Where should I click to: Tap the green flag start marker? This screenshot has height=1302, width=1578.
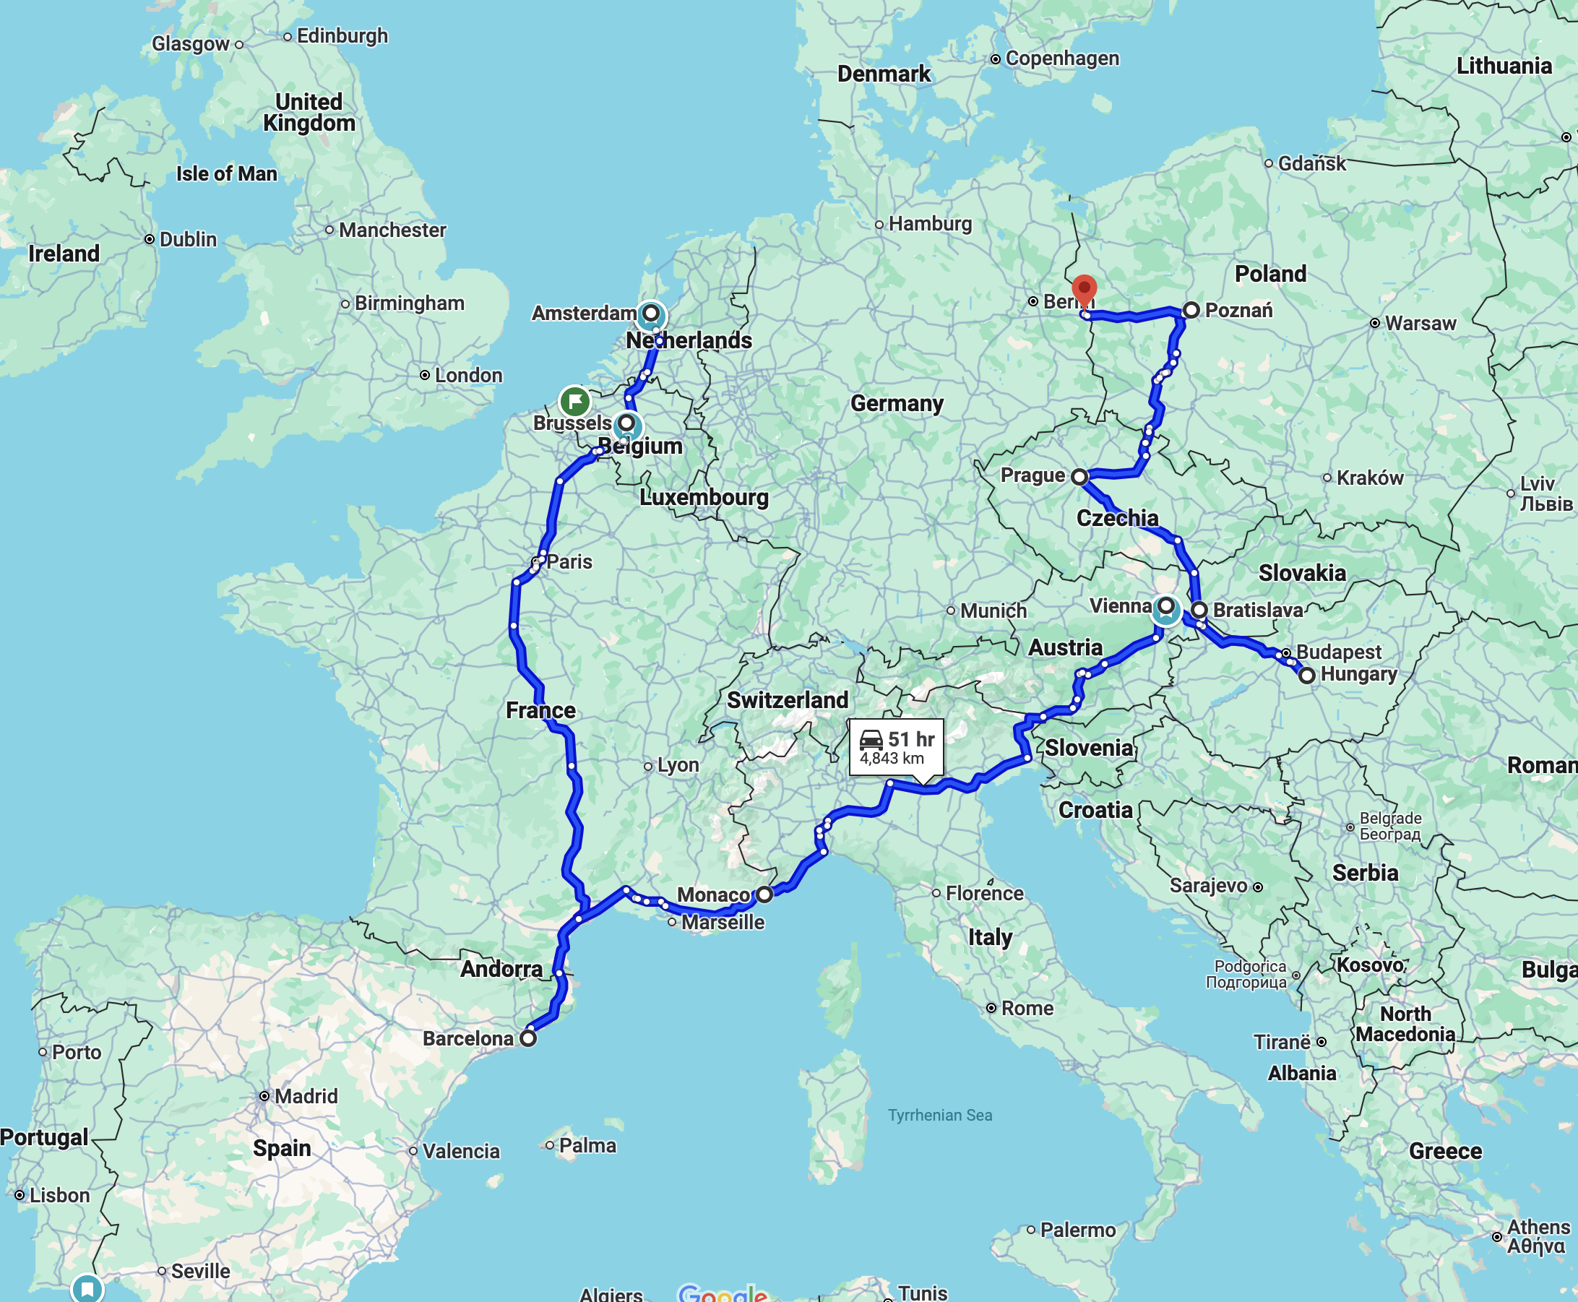click(x=574, y=401)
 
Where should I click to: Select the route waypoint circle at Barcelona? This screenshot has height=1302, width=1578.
click(x=528, y=1039)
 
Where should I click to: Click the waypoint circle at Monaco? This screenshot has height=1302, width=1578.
click(x=764, y=894)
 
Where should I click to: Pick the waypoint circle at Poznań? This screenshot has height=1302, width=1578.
click(x=1191, y=310)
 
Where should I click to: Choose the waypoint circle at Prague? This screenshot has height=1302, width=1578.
click(x=1079, y=476)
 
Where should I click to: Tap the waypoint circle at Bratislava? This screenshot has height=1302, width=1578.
click(x=1199, y=609)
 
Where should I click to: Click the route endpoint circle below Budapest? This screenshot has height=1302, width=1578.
click(x=1306, y=675)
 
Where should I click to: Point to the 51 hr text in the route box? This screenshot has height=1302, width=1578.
click(x=911, y=739)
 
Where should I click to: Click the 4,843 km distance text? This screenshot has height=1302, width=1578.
click(x=892, y=758)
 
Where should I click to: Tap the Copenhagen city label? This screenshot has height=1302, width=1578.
click(x=1061, y=59)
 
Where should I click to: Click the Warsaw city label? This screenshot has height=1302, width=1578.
click(x=1420, y=323)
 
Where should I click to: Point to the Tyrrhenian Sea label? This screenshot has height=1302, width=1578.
click(x=940, y=1116)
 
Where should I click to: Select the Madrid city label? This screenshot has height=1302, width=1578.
click(x=305, y=1097)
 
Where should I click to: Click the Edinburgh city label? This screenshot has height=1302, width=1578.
click(x=342, y=36)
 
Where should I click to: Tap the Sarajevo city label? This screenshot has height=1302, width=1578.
click(x=1208, y=887)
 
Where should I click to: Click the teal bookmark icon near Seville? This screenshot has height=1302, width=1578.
click(x=87, y=1288)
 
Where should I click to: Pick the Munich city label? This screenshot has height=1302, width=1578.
click(x=993, y=611)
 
